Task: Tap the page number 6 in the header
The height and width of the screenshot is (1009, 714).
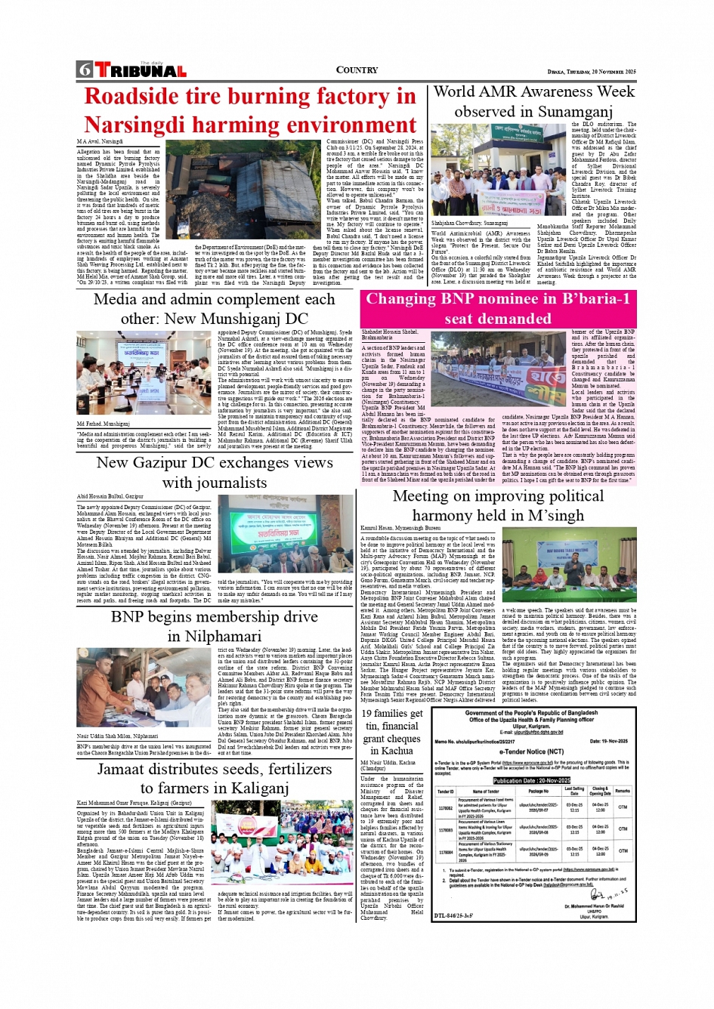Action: coord(84,70)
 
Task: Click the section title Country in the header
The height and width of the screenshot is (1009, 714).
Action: coord(357,70)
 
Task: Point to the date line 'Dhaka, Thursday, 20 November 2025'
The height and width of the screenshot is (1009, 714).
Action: coord(592,72)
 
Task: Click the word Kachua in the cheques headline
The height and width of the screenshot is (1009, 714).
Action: coord(397,751)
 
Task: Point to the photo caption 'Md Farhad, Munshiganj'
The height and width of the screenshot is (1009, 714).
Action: coord(104,424)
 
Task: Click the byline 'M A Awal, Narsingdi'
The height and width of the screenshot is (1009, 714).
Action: coord(100,141)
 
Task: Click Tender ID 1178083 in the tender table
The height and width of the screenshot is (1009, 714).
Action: coord(445,828)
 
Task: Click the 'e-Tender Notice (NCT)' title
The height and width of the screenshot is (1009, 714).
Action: coord(532,751)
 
